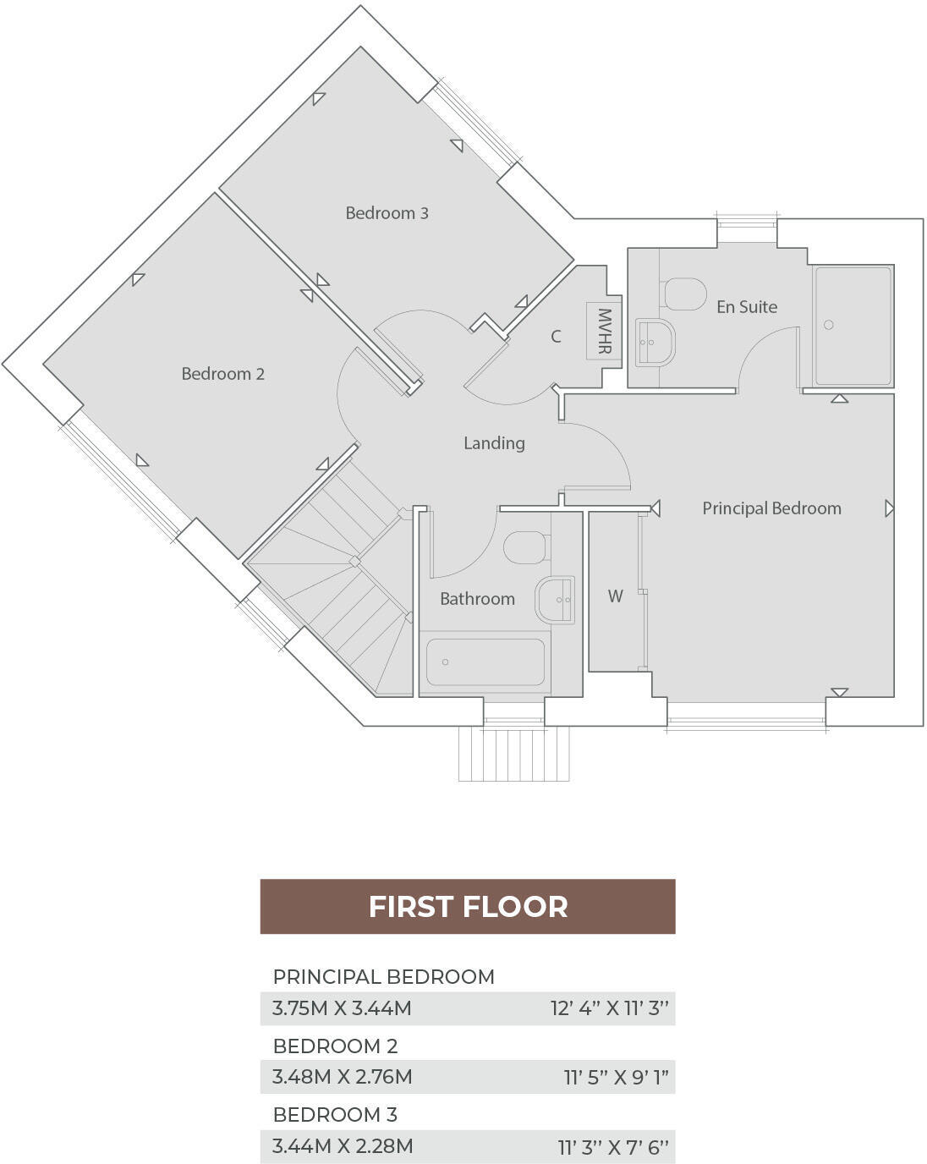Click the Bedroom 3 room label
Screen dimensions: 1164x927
point(387,213)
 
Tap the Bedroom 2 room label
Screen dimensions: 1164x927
point(222,374)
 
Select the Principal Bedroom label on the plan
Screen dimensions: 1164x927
point(771,508)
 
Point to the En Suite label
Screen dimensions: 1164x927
point(746,307)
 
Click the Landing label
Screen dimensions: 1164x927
point(494,443)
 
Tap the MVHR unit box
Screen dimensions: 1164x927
point(604,331)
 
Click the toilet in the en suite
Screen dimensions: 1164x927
point(684,294)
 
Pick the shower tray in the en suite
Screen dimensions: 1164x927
point(852,326)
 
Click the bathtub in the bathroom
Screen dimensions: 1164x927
point(485,662)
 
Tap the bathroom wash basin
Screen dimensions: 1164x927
point(556,599)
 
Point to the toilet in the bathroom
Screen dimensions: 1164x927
point(525,547)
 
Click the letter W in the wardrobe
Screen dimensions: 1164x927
point(615,596)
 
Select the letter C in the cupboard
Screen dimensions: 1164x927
point(556,337)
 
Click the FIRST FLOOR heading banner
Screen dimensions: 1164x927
point(468,907)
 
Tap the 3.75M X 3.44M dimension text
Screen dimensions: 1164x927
point(342,1008)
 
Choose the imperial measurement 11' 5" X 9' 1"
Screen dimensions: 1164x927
point(616,1078)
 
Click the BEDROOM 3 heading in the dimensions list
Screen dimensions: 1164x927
point(335,1115)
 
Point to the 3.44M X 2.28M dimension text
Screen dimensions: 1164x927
point(343,1147)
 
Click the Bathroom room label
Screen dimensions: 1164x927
point(477,599)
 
